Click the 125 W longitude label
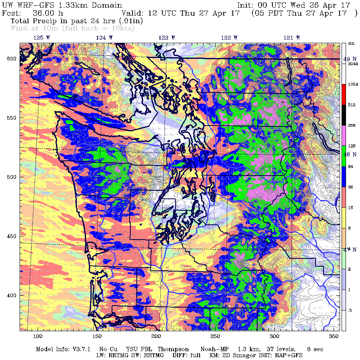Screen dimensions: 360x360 (x=39, y=37)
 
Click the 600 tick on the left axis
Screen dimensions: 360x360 (x=11, y=58)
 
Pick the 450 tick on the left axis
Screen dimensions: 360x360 (x=11, y=236)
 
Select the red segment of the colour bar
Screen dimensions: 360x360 (x=344, y=95)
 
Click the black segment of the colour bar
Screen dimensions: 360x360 (x=344, y=115)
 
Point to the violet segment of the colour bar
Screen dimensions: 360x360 (x=344, y=136)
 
